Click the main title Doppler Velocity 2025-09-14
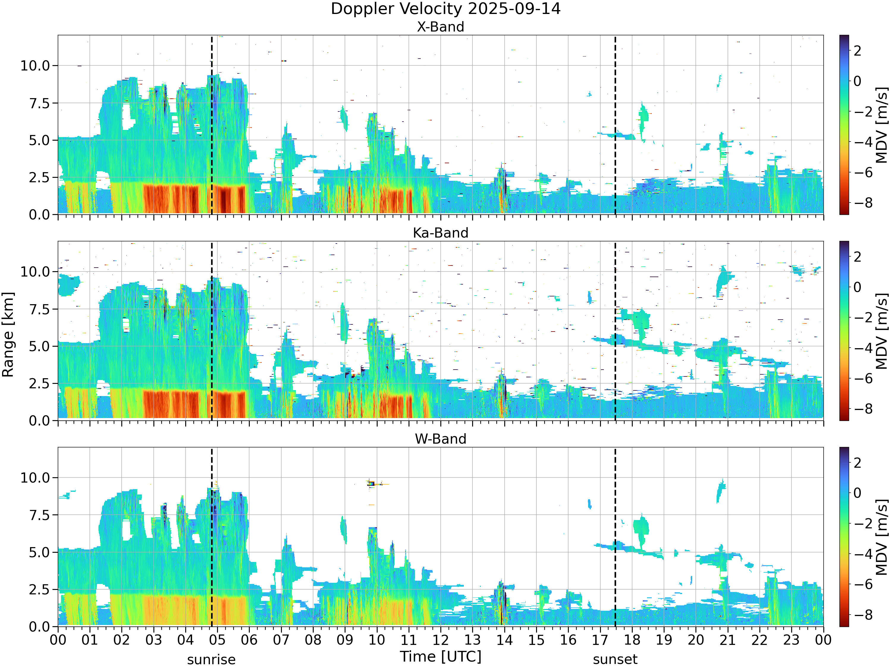(x=446, y=9)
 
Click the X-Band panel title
(x=440, y=27)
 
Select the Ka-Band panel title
(x=440, y=233)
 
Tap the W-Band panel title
(x=440, y=439)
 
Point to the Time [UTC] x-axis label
(x=440, y=656)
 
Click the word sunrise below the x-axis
(x=211, y=660)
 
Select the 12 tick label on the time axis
(x=440, y=640)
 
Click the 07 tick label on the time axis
(x=281, y=640)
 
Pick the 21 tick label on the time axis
(x=728, y=640)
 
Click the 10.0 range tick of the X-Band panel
(x=35, y=66)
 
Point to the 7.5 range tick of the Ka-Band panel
(x=40, y=309)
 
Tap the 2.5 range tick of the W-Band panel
(x=40, y=590)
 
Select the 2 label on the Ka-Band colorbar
(x=858, y=257)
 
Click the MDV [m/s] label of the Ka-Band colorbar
(x=882, y=331)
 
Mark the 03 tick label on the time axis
(x=153, y=640)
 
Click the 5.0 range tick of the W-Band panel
(x=40, y=552)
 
